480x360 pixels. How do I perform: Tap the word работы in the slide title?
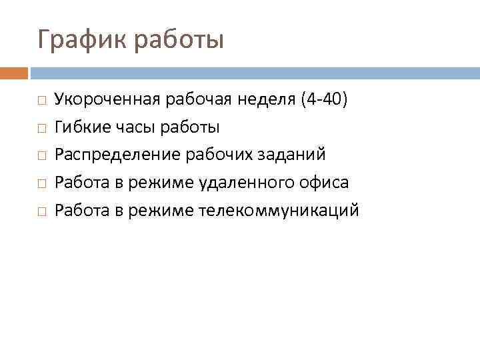tap(179, 40)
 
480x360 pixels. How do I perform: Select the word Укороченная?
tap(107, 99)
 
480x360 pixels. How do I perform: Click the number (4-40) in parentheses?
tap(324, 99)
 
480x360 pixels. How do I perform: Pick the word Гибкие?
tap(79, 127)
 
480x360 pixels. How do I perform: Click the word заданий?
tap(293, 155)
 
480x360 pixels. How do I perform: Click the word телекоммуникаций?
tap(279, 211)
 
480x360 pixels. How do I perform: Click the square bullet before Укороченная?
tap(41, 100)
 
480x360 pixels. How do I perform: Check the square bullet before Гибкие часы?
tap(41, 127)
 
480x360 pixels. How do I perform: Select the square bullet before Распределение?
tap(41, 155)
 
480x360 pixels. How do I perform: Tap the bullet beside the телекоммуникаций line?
tap(41, 211)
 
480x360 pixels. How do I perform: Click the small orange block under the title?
tap(14, 72)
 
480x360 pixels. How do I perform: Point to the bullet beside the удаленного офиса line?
tap(41, 183)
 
